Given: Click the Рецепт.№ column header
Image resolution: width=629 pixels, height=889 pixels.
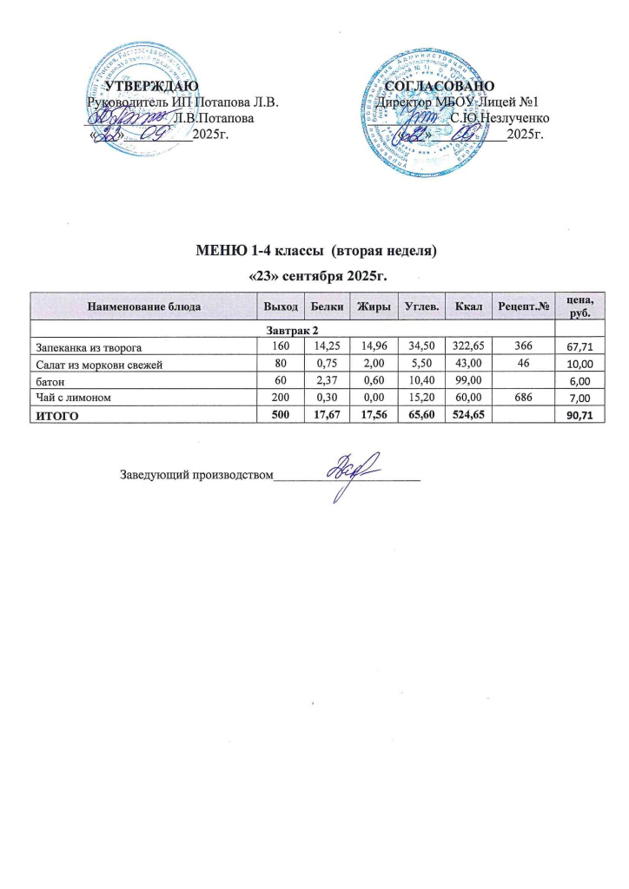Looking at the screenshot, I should tap(522, 307).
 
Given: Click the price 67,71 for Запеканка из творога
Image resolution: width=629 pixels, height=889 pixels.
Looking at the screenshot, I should tap(579, 348).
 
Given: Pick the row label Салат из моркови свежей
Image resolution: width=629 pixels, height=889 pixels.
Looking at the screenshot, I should tap(97, 365).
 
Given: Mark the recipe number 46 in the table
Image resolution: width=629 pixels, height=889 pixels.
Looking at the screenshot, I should tap(523, 364).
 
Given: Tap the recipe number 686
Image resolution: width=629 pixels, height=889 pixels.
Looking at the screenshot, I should tap(523, 397).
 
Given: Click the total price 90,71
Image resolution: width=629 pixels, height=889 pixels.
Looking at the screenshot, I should tap(579, 414).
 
